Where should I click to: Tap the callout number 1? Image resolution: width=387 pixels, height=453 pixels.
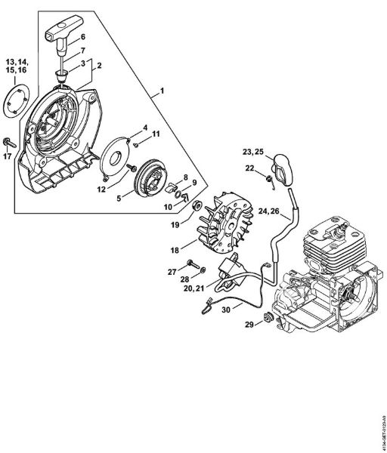(x=161, y=92)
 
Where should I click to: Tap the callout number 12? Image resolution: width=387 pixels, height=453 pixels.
(x=101, y=190)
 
